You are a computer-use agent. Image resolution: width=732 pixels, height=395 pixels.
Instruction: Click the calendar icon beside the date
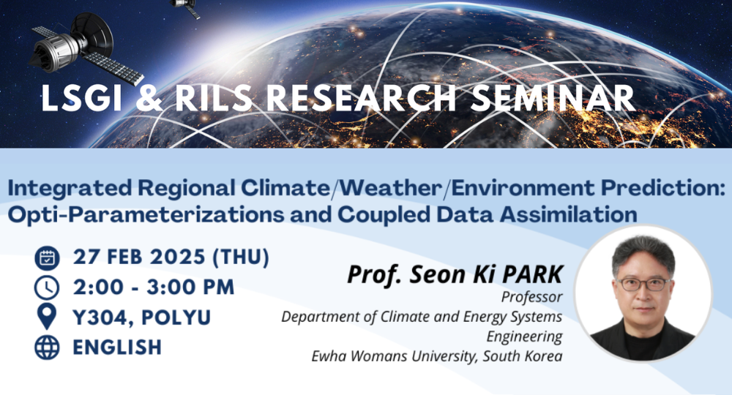(47, 258)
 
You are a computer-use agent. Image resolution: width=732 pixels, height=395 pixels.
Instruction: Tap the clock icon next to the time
(47, 287)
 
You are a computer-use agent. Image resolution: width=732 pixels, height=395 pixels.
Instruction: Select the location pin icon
(47, 317)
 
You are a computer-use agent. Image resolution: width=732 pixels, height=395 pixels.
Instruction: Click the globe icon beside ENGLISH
(47, 347)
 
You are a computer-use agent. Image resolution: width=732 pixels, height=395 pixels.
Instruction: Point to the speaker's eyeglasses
(644, 284)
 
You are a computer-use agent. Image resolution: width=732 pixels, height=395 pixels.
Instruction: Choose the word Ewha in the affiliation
(329, 355)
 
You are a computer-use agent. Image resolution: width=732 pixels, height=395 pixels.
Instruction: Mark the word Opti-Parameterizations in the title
(146, 215)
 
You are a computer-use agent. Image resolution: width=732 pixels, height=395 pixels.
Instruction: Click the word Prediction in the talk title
(662, 188)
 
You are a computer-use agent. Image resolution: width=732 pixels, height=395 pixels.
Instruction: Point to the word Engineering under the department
(524, 336)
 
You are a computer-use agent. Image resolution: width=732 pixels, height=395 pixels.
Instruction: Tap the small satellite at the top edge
(186, 7)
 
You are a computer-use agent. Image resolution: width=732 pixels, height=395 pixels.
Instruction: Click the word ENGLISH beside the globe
(117, 347)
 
